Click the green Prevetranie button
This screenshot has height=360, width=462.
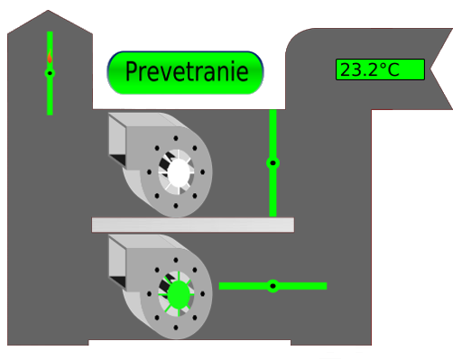tap(185, 72)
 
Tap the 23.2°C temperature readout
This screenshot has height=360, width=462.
tap(380, 69)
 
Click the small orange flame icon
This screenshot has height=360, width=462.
tap(50, 57)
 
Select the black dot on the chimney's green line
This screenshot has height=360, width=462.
tap(50, 73)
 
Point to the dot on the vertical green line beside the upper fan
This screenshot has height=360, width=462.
tap(273, 163)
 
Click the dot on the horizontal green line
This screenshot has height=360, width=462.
tap(273, 286)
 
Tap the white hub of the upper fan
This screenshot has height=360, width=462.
tap(179, 172)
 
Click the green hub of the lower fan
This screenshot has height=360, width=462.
tap(179, 294)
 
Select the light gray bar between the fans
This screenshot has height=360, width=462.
tap(193, 225)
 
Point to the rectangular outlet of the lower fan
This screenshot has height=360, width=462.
tap(117, 262)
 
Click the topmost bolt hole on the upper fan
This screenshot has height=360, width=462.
tap(176, 138)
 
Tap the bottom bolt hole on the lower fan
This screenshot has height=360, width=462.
tap(176, 328)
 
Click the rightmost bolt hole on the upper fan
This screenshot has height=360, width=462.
tap(202, 172)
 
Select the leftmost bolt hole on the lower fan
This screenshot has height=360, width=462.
tap(149, 294)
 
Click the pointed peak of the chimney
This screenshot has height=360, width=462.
tap(48, 11)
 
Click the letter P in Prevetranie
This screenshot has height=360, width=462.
tap(132, 71)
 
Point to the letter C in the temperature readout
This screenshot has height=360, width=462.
tap(393, 69)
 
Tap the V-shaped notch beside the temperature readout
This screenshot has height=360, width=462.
tap(431, 69)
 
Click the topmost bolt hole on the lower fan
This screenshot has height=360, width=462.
tap(176, 260)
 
